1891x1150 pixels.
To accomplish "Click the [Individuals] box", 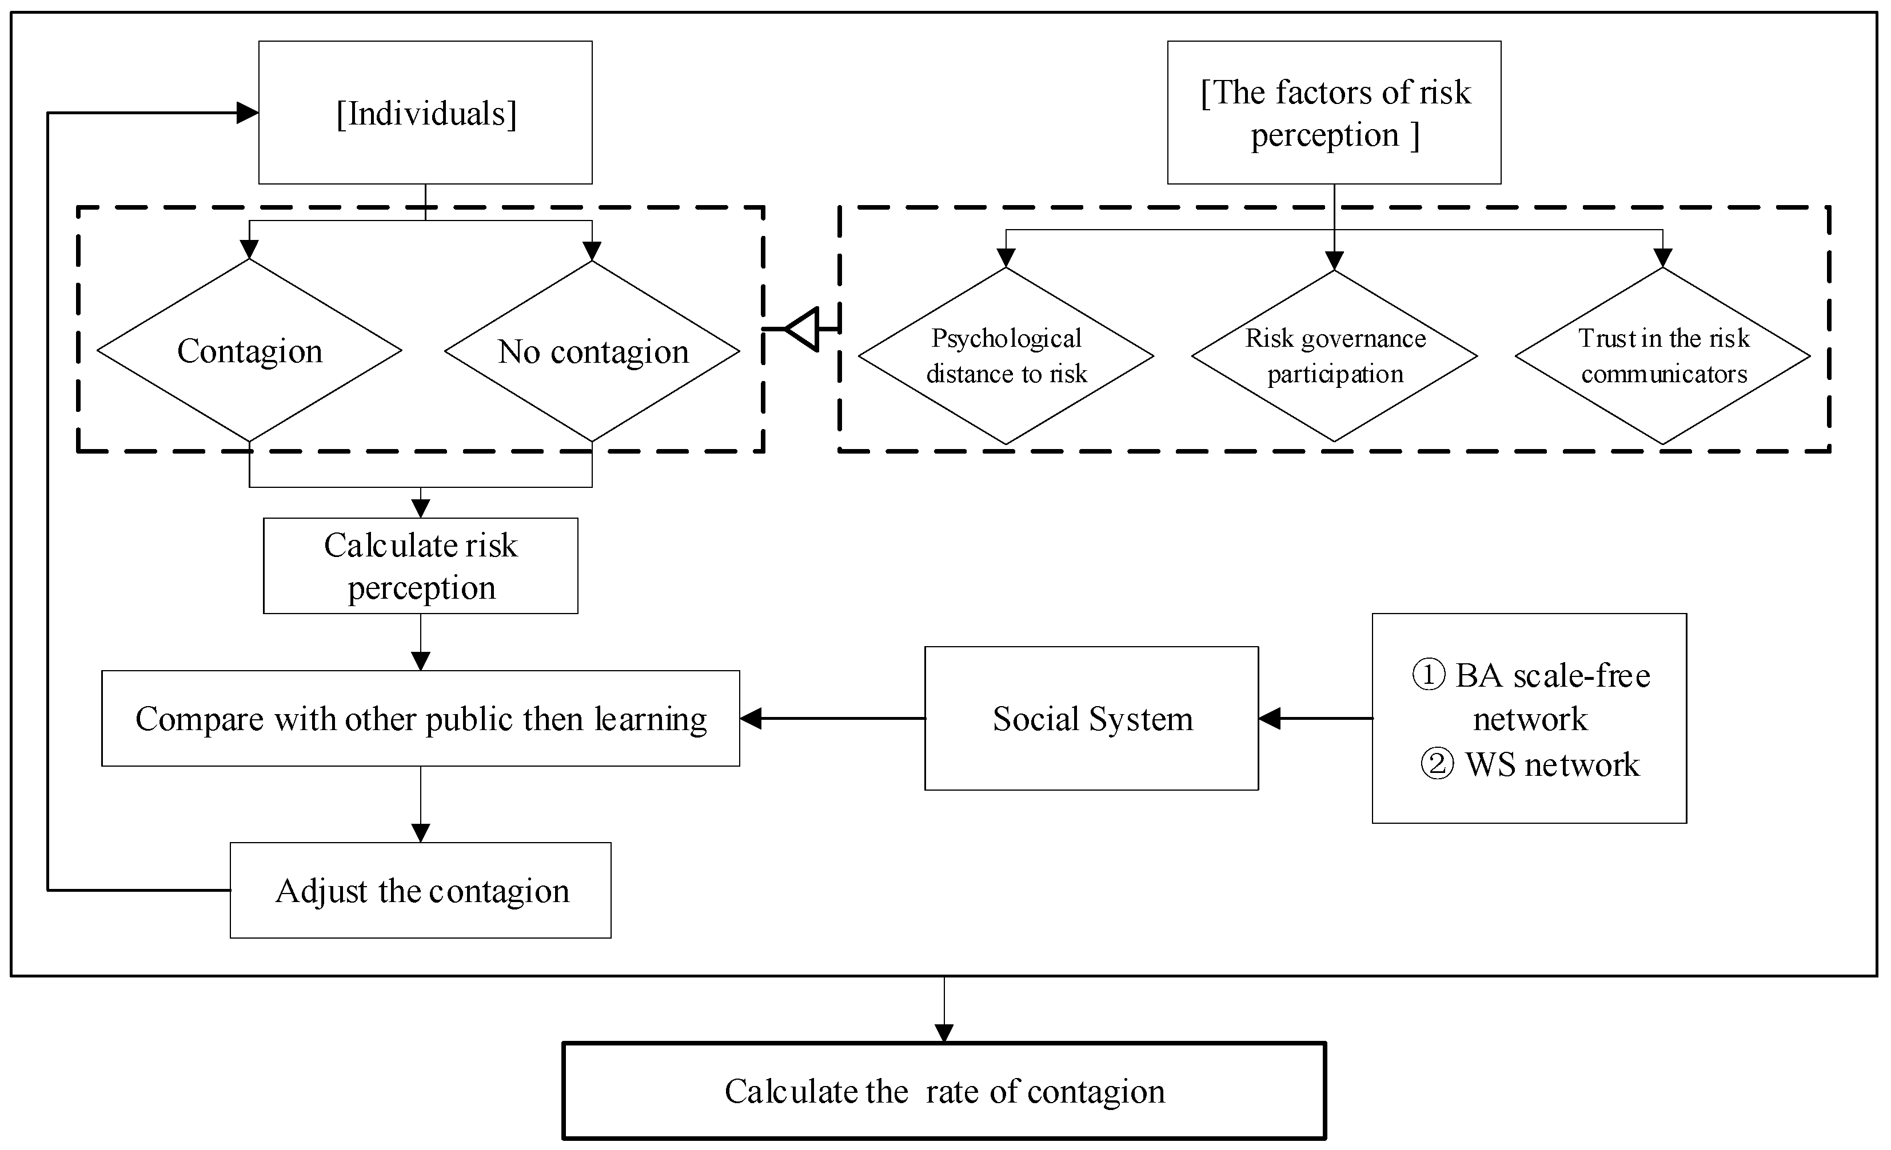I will pos(425,113).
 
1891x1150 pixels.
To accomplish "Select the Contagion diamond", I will pos(249,351).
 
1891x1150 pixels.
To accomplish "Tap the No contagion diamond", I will pos(592,351).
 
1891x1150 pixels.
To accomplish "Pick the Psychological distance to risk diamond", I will pos(1006,355).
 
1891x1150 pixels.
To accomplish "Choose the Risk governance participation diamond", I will pos(1335,355).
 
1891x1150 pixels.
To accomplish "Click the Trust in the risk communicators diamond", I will pos(1663,355).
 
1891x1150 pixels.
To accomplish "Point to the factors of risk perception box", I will pos(1334,113).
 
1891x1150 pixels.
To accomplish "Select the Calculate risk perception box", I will pos(421,566).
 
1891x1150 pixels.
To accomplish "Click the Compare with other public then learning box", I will pos(421,719).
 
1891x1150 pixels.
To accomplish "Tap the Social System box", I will pos(1091,719).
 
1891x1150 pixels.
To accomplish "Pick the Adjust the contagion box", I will pos(421,891).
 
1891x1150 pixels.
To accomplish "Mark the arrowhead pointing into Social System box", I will pos(1270,719).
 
